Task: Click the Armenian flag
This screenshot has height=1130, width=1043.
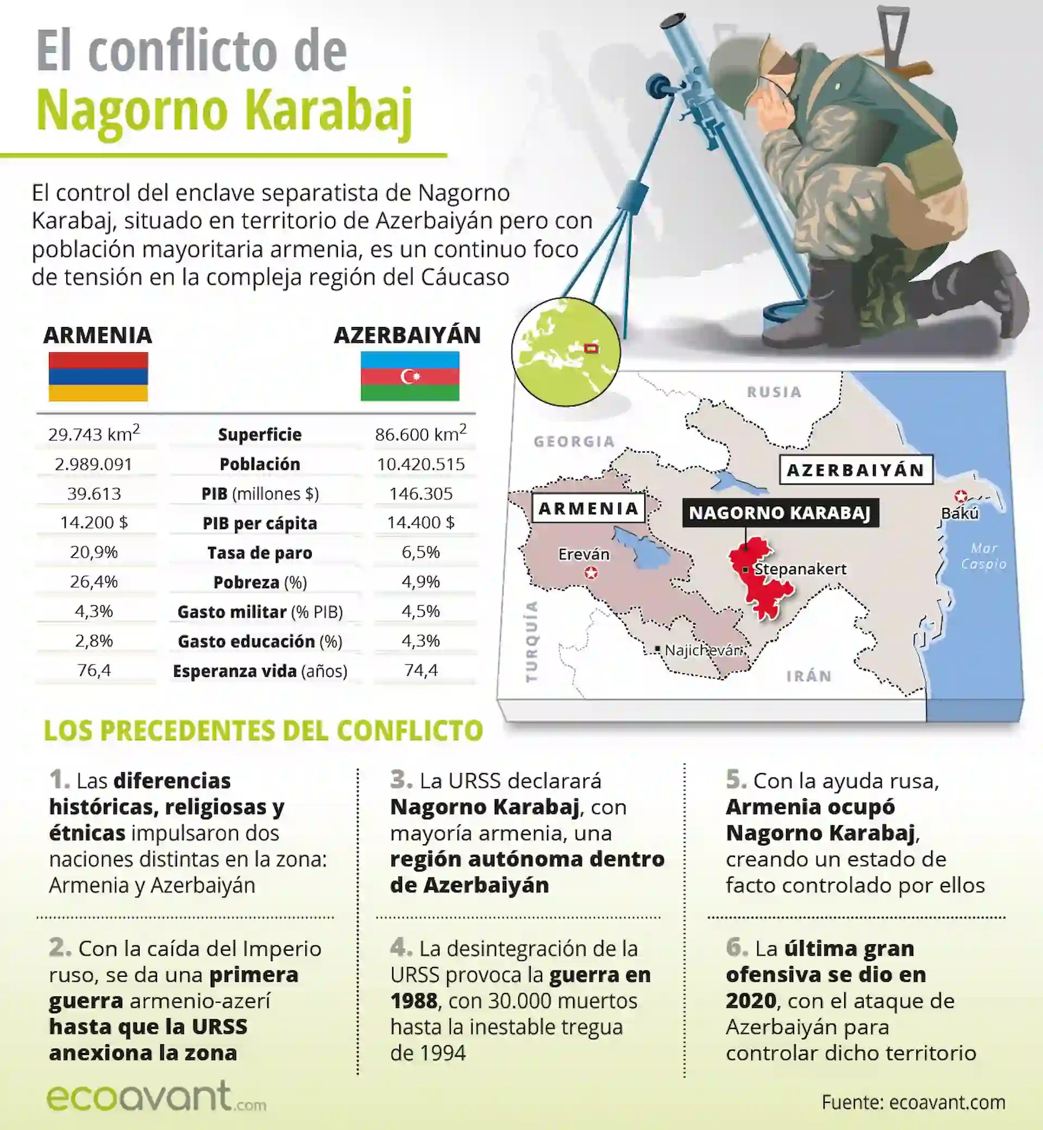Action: (x=98, y=376)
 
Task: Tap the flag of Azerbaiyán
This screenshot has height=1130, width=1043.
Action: (x=410, y=376)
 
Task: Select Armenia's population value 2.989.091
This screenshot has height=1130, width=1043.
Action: (x=93, y=464)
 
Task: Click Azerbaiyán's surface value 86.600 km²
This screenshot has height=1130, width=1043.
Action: (x=420, y=434)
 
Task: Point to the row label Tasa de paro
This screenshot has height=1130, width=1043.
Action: (x=260, y=553)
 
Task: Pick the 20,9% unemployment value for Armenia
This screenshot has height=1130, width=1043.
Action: (x=93, y=552)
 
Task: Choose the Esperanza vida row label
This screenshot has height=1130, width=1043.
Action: (x=260, y=671)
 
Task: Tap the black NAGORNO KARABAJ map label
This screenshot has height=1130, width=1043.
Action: (x=780, y=512)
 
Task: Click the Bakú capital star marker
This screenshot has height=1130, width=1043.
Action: (x=960, y=497)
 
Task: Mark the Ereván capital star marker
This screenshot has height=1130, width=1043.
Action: (x=591, y=574)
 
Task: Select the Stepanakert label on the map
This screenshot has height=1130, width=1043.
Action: (x=800, y=569)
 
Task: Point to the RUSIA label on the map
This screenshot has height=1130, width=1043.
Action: (x=774, y=392)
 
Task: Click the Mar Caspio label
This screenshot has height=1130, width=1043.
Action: (x=984, y=556)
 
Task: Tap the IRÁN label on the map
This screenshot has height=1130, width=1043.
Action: (x=809, y=676)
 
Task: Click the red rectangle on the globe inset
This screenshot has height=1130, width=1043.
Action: (x=591, y=348)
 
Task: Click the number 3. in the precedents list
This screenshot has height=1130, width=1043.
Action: (x=401, y=780)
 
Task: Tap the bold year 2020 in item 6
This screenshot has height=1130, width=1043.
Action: (x=751, y=1001)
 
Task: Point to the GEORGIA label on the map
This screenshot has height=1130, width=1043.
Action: (x=574, y=441)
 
